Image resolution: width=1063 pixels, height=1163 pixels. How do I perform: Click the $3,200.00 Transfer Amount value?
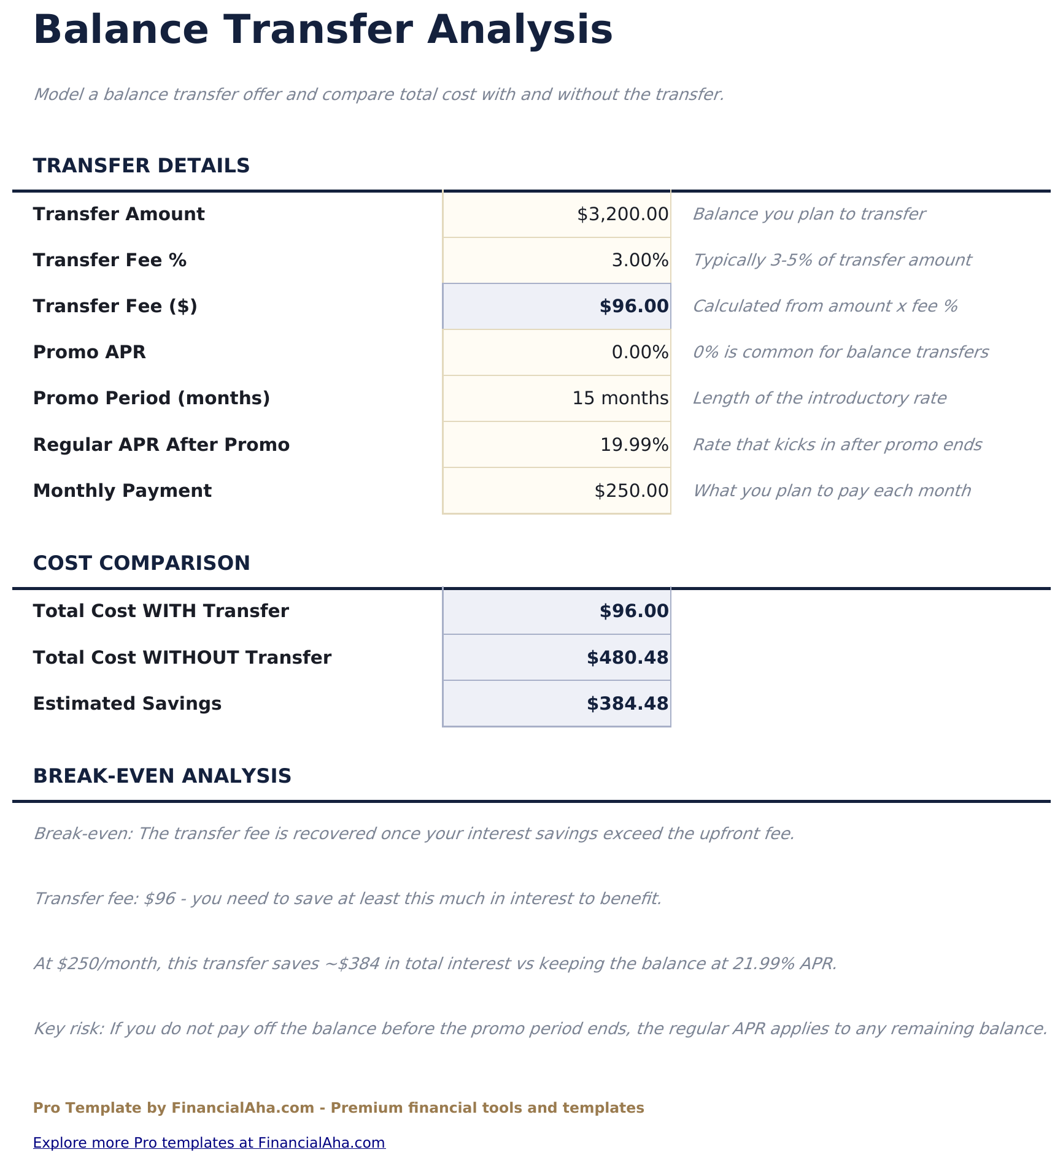click(x=622, y=215)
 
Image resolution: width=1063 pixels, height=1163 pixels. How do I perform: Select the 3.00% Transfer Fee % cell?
click(x=640, y=261)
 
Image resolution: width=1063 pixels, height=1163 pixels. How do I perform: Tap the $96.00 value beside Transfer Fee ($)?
click(x=633, y=306)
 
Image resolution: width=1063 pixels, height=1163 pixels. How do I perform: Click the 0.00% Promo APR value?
click(x=640, y=353)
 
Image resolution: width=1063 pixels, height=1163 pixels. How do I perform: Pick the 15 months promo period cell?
click(x=620, y=399)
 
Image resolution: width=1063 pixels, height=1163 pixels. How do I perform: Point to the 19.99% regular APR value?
click(x=634, y=445)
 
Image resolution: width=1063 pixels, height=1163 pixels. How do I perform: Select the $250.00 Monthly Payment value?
click(x=631, y=491)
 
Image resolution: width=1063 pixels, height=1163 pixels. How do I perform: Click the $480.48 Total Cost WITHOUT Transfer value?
click(x=627, y=658)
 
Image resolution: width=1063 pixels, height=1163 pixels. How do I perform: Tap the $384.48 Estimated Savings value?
click(x=627, y=704)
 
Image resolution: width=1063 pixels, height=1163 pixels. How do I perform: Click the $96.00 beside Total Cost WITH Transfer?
click(x=633, y=611)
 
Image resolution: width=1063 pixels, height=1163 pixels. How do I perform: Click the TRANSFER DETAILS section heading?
click(x=141, y=166)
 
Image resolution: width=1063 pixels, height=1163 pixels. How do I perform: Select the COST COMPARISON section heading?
click(x=141, y=563)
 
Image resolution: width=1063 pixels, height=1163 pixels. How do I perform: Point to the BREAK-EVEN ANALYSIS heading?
click(x=162, y=776)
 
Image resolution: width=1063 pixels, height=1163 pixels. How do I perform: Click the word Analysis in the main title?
click(x=519, y=29)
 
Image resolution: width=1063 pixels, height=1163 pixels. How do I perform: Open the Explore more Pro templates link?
click(x=209, y=1143)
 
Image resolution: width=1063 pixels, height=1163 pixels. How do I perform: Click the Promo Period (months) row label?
click(x=151, y=399)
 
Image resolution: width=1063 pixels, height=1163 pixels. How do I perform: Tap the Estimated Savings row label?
click(x=127, y=704)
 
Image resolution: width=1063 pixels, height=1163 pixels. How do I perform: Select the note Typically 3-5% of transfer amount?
click(x=832, y=261)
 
